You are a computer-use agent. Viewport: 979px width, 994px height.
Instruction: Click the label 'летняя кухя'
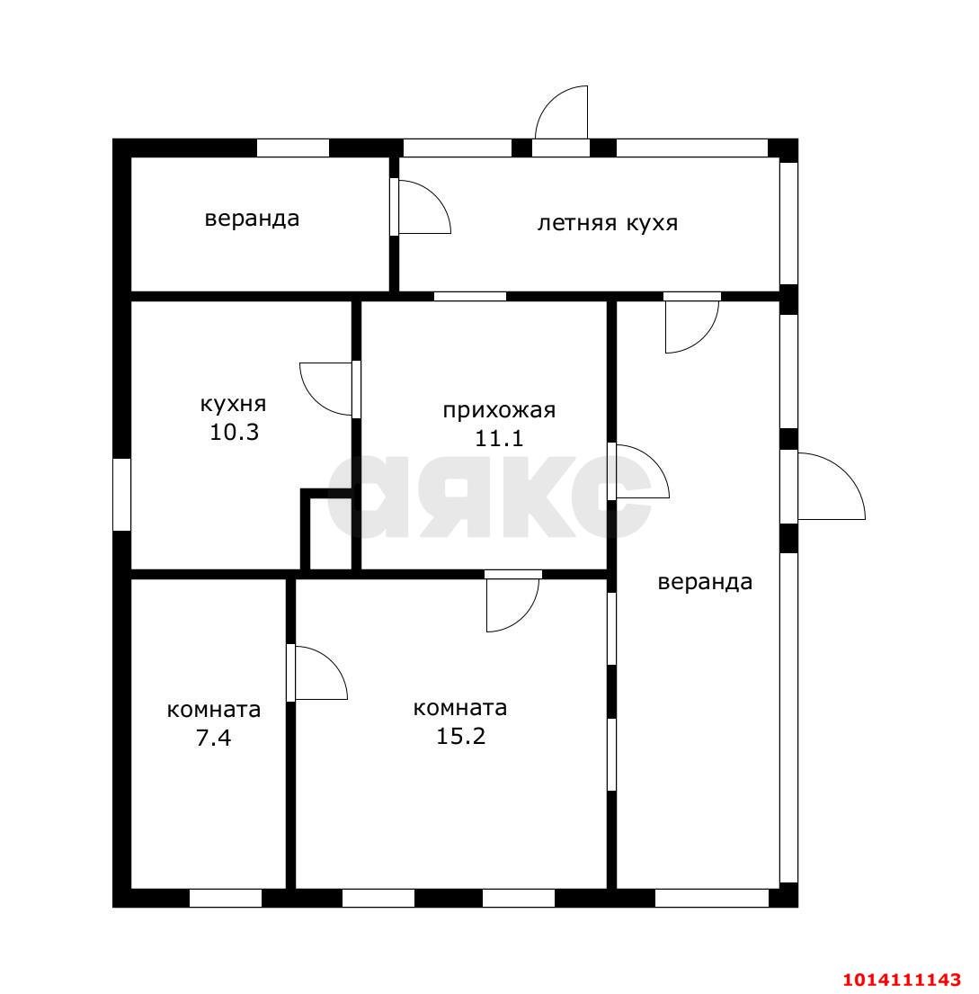(607, 223)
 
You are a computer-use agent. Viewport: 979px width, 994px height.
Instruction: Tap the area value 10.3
(235, 433)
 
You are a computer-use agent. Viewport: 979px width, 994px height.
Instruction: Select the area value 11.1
(499, 439)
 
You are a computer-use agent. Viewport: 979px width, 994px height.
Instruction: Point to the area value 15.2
(460, 736)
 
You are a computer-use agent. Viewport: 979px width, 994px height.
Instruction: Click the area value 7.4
(214, 738)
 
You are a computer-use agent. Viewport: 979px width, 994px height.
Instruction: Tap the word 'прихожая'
(499, 410)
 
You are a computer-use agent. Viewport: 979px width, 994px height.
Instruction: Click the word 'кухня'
(233, 404)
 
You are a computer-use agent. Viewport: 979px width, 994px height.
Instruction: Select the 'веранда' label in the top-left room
(252, 219)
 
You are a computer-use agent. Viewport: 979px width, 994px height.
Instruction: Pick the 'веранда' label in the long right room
(705, 582)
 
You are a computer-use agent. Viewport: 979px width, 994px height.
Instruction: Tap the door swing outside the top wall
(561, 112)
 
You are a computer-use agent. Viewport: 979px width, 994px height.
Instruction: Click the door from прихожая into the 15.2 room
(512, 601)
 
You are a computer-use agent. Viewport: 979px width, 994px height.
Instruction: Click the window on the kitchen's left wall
(121, 495)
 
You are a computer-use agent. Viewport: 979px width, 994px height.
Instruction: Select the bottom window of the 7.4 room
(226, 898)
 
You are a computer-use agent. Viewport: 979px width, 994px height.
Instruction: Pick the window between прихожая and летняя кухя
(470, 296)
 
